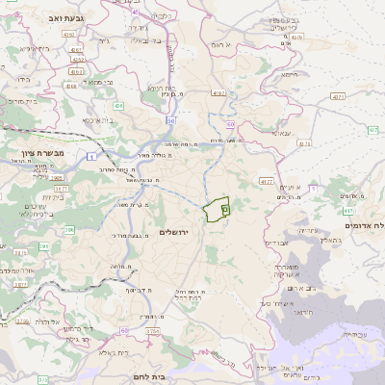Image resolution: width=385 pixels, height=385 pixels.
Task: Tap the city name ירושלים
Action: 177,232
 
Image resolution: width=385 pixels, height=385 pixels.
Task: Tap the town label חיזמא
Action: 289,74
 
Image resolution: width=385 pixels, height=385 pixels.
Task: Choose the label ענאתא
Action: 282,132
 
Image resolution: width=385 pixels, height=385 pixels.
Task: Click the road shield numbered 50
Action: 171,121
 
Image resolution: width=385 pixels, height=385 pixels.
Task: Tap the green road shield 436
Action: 118,105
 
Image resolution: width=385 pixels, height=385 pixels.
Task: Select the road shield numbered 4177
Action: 266,180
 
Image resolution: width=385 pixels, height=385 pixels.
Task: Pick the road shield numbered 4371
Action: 338,97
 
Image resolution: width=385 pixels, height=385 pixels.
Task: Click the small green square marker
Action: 225,207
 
